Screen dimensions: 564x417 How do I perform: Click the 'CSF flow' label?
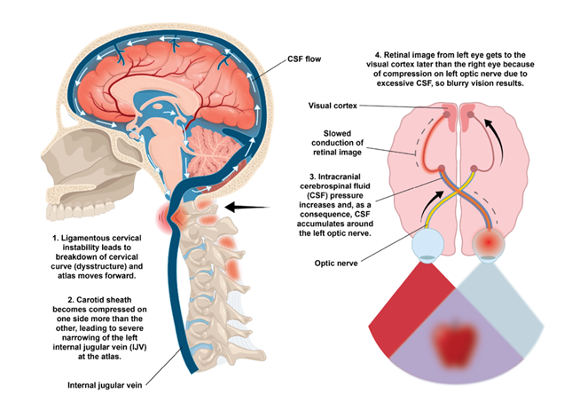point(304,59)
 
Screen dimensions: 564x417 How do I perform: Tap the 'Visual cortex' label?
point(333,106)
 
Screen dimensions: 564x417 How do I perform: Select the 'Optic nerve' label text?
point(336,263)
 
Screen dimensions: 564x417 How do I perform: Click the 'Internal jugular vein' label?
point(105,385)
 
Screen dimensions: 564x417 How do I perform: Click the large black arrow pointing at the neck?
point(247,208)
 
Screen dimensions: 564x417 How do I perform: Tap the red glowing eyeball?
point(488,244)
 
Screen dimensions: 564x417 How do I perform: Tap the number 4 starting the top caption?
point(378,55)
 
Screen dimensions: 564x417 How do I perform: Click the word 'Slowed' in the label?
point(337,133)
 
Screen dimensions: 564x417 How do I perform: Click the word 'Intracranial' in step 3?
point(339,177)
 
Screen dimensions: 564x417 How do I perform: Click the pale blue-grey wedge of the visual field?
point(501,309)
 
